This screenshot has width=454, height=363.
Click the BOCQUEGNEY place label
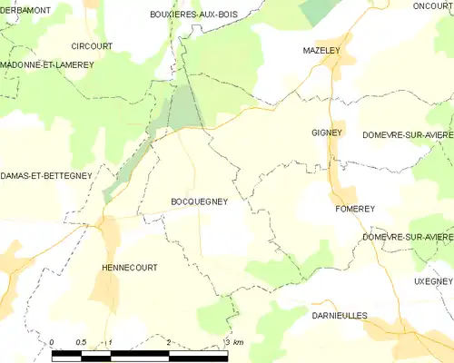point(199,202)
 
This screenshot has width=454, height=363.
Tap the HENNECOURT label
point(129,268)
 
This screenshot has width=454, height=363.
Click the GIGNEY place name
point(326,132)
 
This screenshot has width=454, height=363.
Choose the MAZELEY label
point(321,52)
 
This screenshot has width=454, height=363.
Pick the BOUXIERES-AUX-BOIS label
point(193,15)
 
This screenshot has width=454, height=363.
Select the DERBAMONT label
point(25,9)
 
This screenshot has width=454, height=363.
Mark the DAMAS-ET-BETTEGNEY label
point(45,175)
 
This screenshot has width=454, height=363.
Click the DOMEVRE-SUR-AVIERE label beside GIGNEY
point(407,134)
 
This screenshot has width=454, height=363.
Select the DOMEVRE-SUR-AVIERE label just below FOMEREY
point(407,237)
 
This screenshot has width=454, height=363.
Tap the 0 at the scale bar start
point(52,342)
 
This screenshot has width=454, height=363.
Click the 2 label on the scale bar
point(169,342)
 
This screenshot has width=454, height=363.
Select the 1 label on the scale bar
point(110,342)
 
